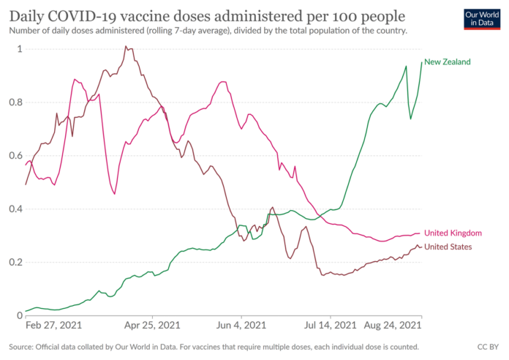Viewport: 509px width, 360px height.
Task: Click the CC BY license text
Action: [x=488, y=346]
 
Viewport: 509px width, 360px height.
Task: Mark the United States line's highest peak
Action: [x=126, y=47]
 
